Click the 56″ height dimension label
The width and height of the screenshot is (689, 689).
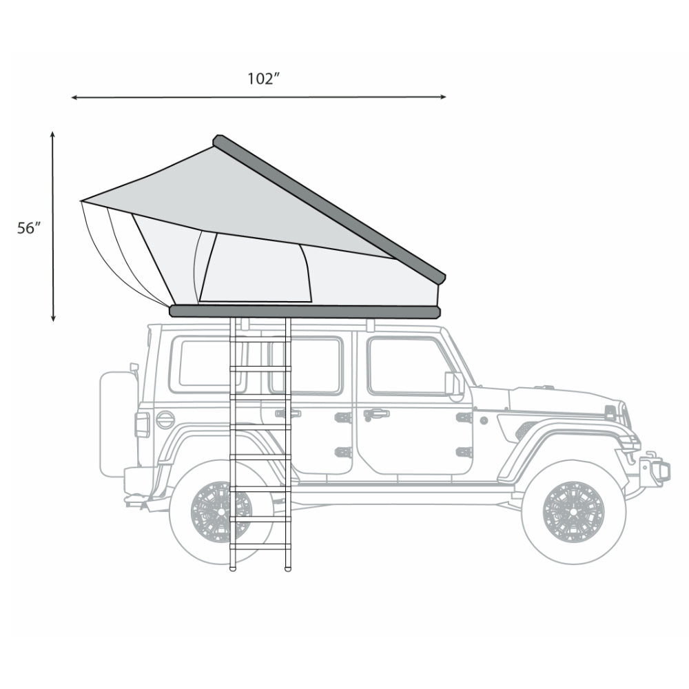tap(30, 229)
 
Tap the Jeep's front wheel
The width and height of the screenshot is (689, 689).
tap(573, 512)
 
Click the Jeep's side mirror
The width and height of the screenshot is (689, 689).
tap(453, 384)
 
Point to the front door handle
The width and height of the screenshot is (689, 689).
tap(376, 414)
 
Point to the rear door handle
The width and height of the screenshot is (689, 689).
tap(288, 413)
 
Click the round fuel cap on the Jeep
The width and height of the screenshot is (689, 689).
tap(165, 420)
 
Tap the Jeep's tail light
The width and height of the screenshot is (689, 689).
tap(142, 424)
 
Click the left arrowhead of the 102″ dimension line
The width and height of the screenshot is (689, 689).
tap(74, 98)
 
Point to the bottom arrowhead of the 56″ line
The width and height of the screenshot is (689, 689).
tap(53, 318)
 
